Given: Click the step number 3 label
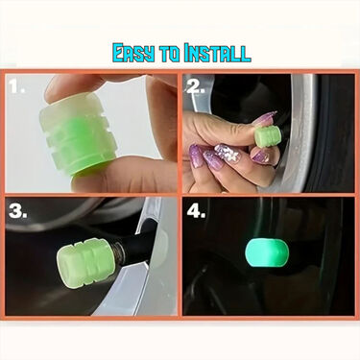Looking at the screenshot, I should point(18,209).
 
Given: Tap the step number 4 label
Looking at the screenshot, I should point(197,209).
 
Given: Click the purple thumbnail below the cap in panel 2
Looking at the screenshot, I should point(260,154).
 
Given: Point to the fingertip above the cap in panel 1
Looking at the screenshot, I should point(72,88).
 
